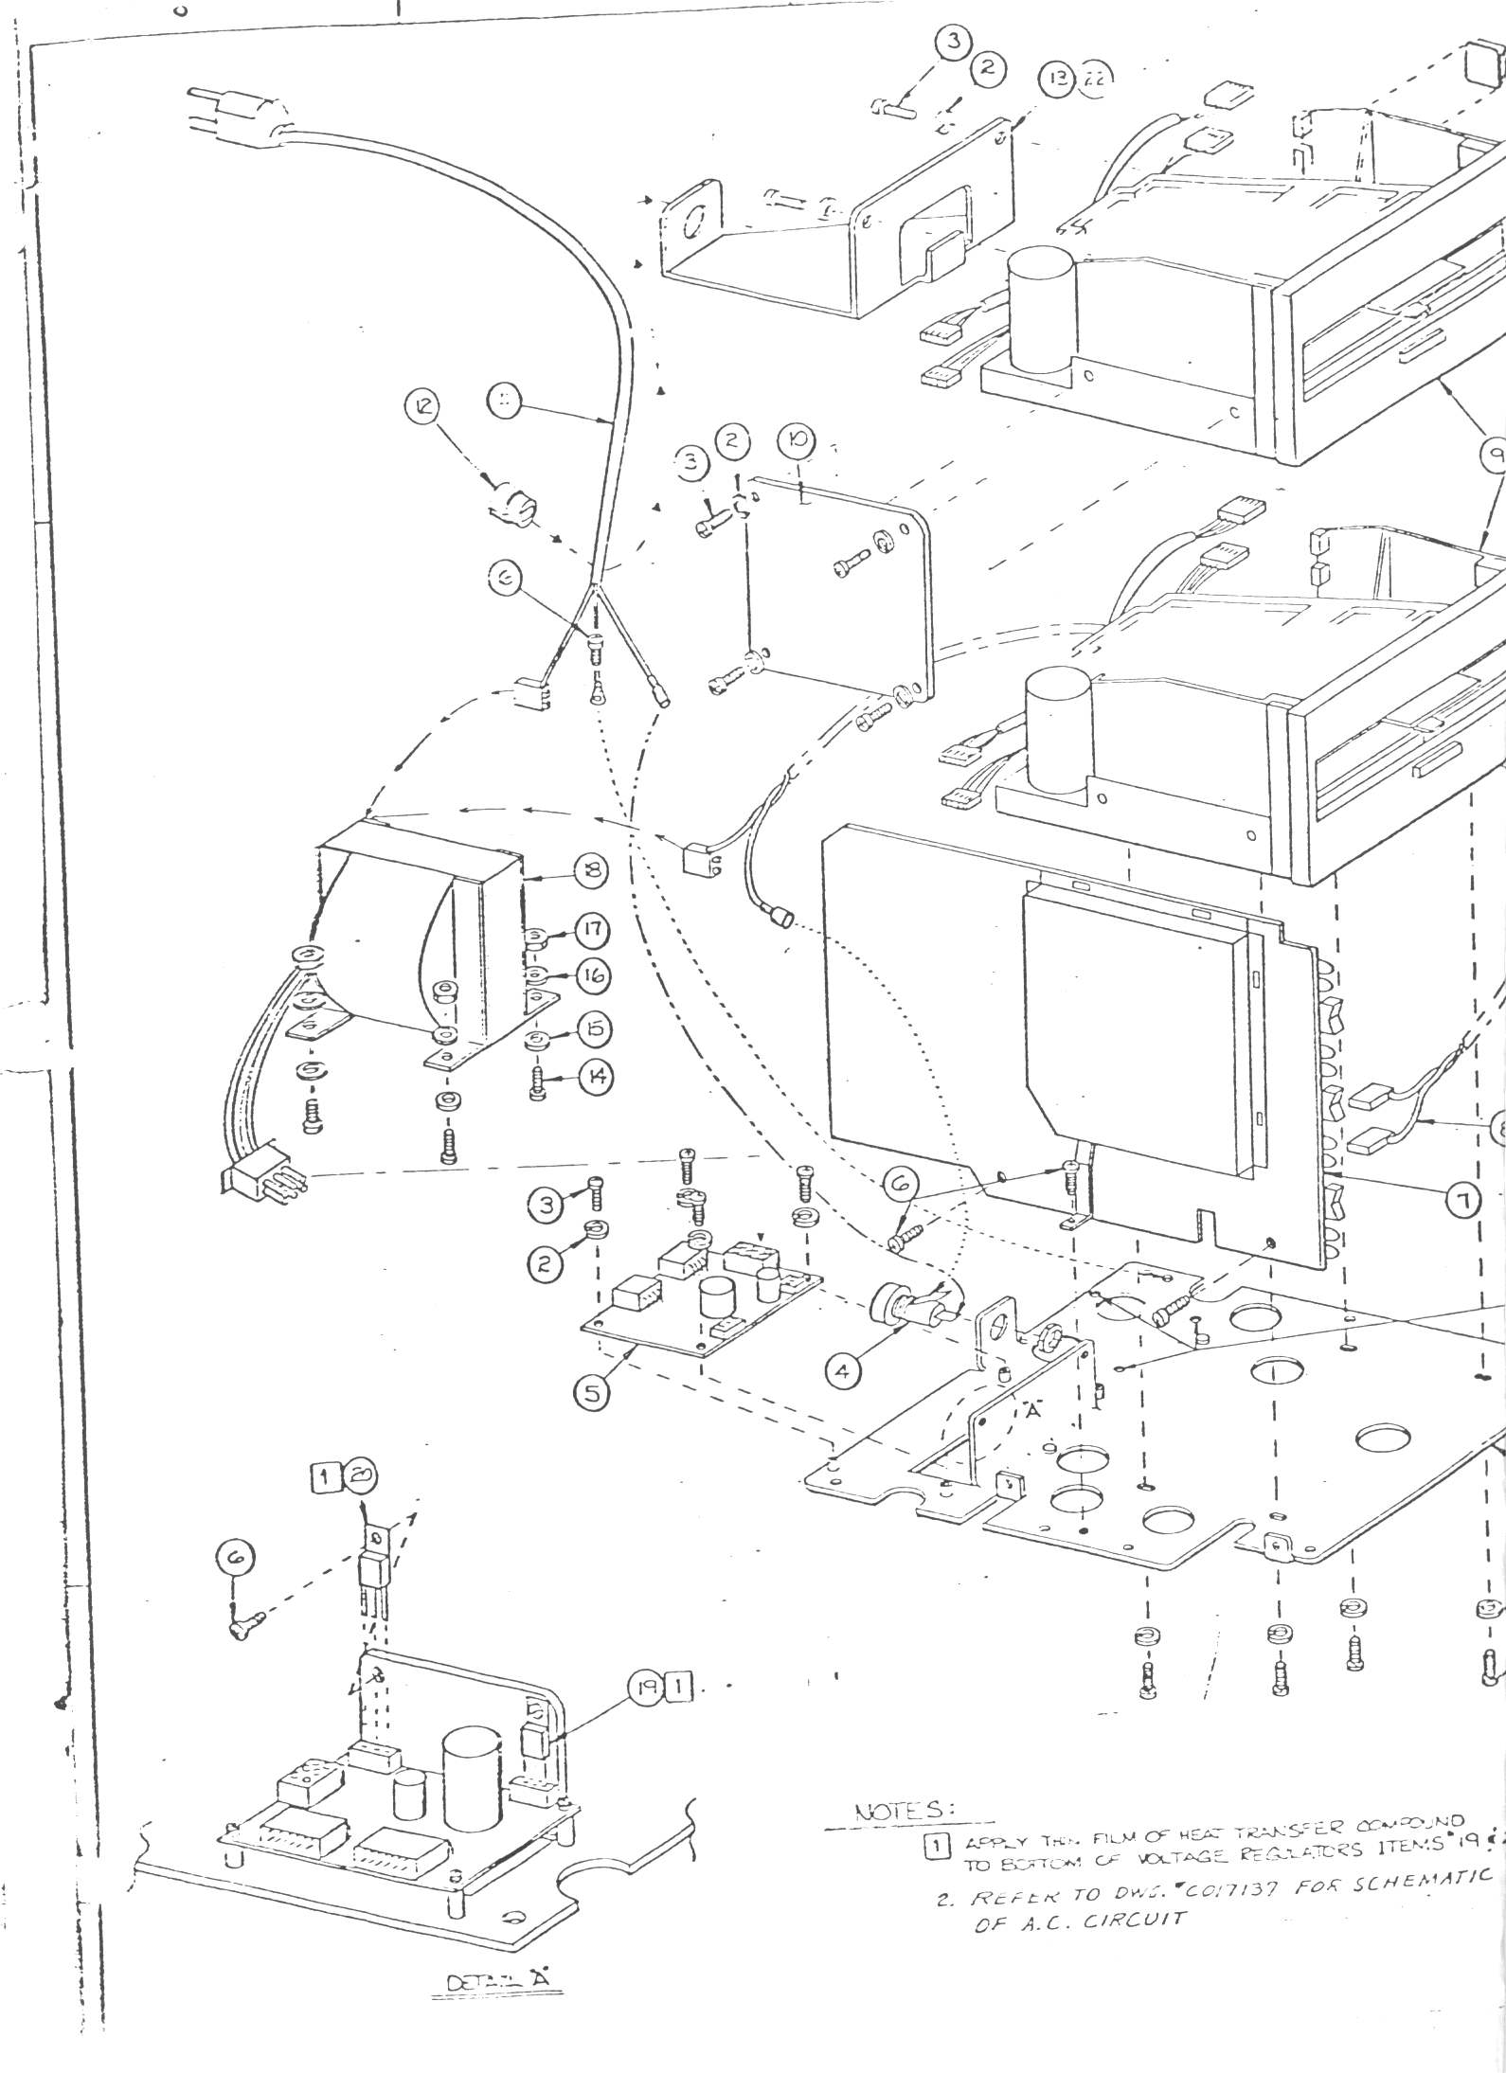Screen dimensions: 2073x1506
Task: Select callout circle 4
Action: pos(843,1369)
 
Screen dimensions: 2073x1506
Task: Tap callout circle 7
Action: pos(1462,1201)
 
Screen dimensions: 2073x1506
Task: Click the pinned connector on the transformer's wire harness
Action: pos(260,1183)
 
